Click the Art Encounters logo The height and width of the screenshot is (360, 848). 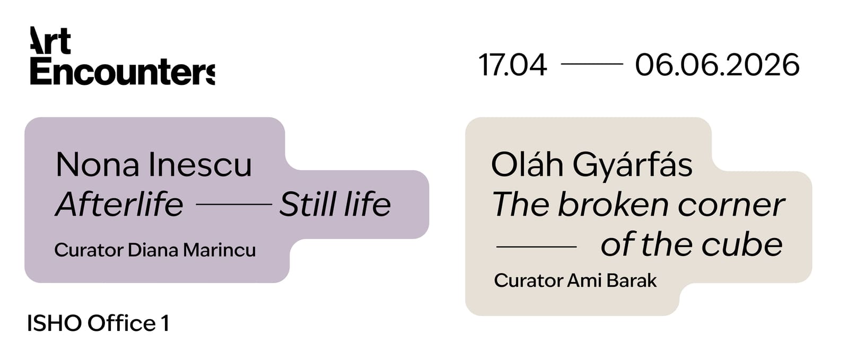coord(122,57)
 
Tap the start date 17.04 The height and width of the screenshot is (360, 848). coord(512,65)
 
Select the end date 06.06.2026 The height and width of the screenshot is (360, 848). coord(717,65)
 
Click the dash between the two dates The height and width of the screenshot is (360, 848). coord(591,64)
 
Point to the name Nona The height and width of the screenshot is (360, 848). coord(98,165)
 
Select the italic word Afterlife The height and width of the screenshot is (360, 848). coord(119,205)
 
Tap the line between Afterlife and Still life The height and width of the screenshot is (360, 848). coord(233,204)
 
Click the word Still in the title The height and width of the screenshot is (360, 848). coord(308,205)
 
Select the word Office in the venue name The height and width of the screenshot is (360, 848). coord(121,323)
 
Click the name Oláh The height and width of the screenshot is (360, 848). coord(527,164)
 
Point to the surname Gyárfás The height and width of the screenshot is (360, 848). coord(632,165)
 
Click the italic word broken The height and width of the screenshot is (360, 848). coord(614,205)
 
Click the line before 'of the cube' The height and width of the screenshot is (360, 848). coord(536,247)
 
